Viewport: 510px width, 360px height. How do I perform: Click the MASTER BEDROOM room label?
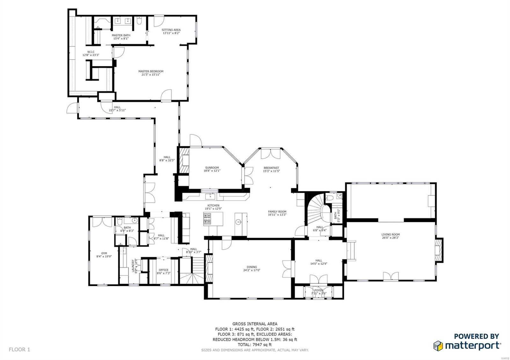pyautogui.click(x=151, y=71)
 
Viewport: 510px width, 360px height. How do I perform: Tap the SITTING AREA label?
pyautogui.click(x=171, y=30)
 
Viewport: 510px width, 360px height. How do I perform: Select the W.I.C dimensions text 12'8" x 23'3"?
pyautogui.click(x=91, y=55)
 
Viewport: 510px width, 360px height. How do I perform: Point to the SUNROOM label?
pyautogui.click(x=212, y=168)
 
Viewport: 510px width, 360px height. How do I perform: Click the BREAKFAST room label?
pyautogui.click(x=271, y=168)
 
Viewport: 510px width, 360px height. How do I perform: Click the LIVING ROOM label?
pyautogui.click(x=390, y=234)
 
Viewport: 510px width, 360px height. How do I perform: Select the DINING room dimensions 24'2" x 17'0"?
pyautogui.click(x=252, y=271)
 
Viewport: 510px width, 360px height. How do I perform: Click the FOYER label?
pyautogui.click(x=319, y=290)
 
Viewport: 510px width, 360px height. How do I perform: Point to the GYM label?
pyautogui.click(x=104, y=253)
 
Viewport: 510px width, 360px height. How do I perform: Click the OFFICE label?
pyautogui.click(x=164, y=270)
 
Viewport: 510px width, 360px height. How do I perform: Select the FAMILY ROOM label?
pyautogui.click(x=277, y=212)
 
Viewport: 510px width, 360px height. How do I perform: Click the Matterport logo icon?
pyautogui.click(x=438, y=346)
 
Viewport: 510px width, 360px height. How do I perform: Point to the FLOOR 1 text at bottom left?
pyautogui.click(x=19, y=349)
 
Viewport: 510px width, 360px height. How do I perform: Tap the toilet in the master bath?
pyautogui.click(x=139, y=21)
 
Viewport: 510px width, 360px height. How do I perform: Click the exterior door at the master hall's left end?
pyautogui.click(x=73, y=108)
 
